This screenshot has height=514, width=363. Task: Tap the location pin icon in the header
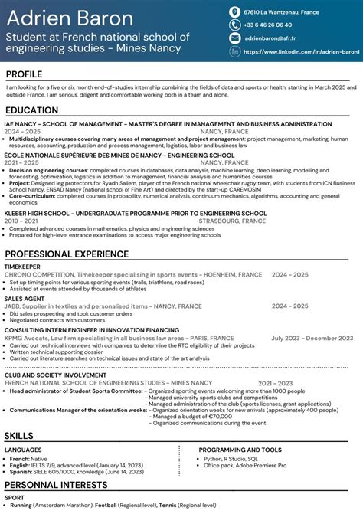click(x=234, y=12)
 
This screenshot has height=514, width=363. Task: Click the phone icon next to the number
click(x=234, y=25)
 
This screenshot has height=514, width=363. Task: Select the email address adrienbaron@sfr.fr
click(x=270, y=38)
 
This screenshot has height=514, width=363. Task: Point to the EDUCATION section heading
click(x=31, y=110)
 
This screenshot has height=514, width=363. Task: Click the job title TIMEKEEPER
click(x=24, y=266)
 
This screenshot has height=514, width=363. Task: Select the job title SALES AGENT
click(x=24, y=300)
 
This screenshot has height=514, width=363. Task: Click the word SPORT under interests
click(x=15, y=498)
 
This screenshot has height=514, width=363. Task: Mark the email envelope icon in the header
click(x=234, y=38)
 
